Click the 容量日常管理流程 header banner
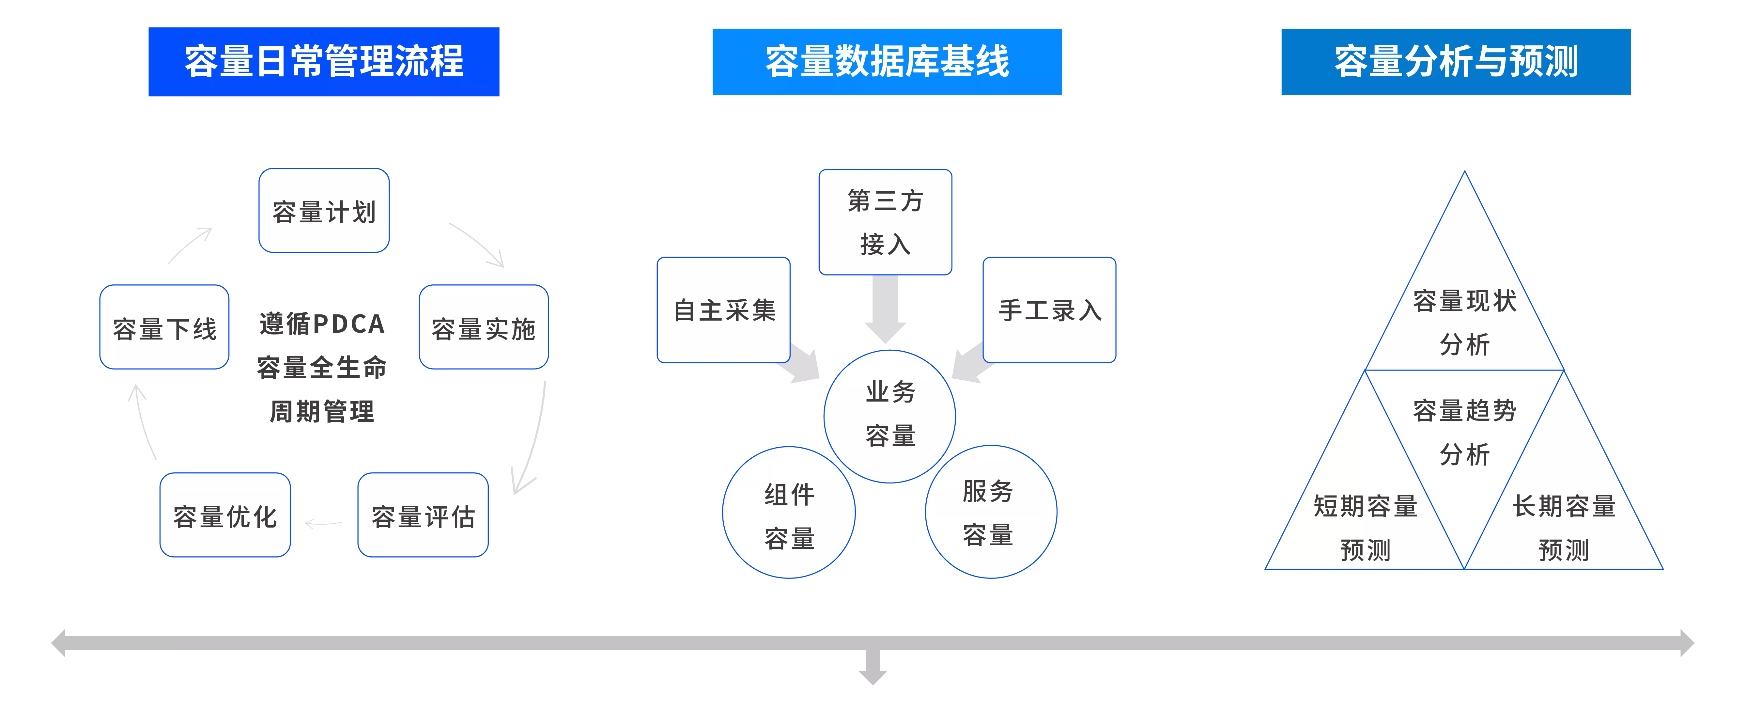[x=324, y=62]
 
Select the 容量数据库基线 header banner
[x=887, y=62]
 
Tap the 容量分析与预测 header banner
[x=1456, y=62]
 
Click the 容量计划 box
[x=324, y=210]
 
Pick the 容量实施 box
[x=484, y=327]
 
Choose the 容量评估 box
[x=423, y=515]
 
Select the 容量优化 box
[x=225, y=515]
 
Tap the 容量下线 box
[x=165, y=327]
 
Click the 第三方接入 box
[x=885, y=222]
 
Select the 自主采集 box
[x=724, y=310]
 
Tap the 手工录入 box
[x=1049, y=310]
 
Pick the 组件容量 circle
[x=789, y=512]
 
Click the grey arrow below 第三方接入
[x=885, y=309]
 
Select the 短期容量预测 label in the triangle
[x=1365, y=528]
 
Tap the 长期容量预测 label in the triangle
[x=1564, y=528]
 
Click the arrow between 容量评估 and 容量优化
[x=324, y=523]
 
